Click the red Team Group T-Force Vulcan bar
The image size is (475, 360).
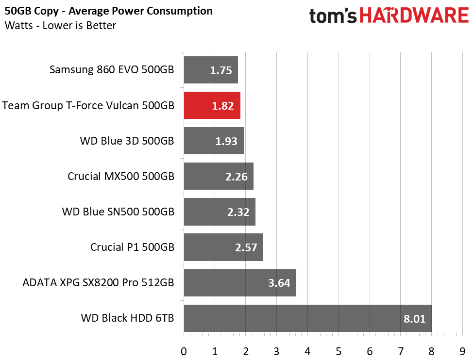pyautogui.click(x=212, y=105)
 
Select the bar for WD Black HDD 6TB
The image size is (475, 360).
pyautogui.click(x=307, y=318)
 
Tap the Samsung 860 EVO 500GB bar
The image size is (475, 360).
pyautogui.click(x=211, y=70)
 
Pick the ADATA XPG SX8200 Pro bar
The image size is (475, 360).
pyautogui.click(x=240, y=283)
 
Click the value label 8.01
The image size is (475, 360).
pyautogui.click(x=414, y=319)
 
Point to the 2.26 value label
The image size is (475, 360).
pyautogui.click(x=237, y=177)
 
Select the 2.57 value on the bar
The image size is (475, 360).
pyautogui.click(x=246, y=247)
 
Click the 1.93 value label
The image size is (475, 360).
pyautogui.click(x=226, y=141)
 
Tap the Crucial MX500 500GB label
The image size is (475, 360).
pyautogui.click(x=121, y=176)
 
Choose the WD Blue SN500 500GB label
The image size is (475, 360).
pyautogui.click(x=118, y=212)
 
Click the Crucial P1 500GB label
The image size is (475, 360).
pyautogui.click(x=133, y=247)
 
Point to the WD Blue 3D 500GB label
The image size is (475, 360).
pyautogui.click(x=127, y=141)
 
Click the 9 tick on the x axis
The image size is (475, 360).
pyautogui.click(x=462, y=352)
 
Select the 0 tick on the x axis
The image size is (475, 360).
pyautogui.click(x=184, y=352)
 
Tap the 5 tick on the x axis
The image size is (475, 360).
pyautogui.click(x=339, y=352)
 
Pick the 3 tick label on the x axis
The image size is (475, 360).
pyautogui.click(x=276, y=352)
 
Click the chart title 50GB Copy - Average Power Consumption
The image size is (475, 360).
pyautogui.click(x=108, y=11)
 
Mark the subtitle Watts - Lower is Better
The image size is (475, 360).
pyautogui.click(x=60, y=25)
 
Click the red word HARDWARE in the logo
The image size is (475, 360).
pyautogui.click(x=414, y=16)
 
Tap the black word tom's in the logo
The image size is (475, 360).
pyautogui.click(x=333, y=16)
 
